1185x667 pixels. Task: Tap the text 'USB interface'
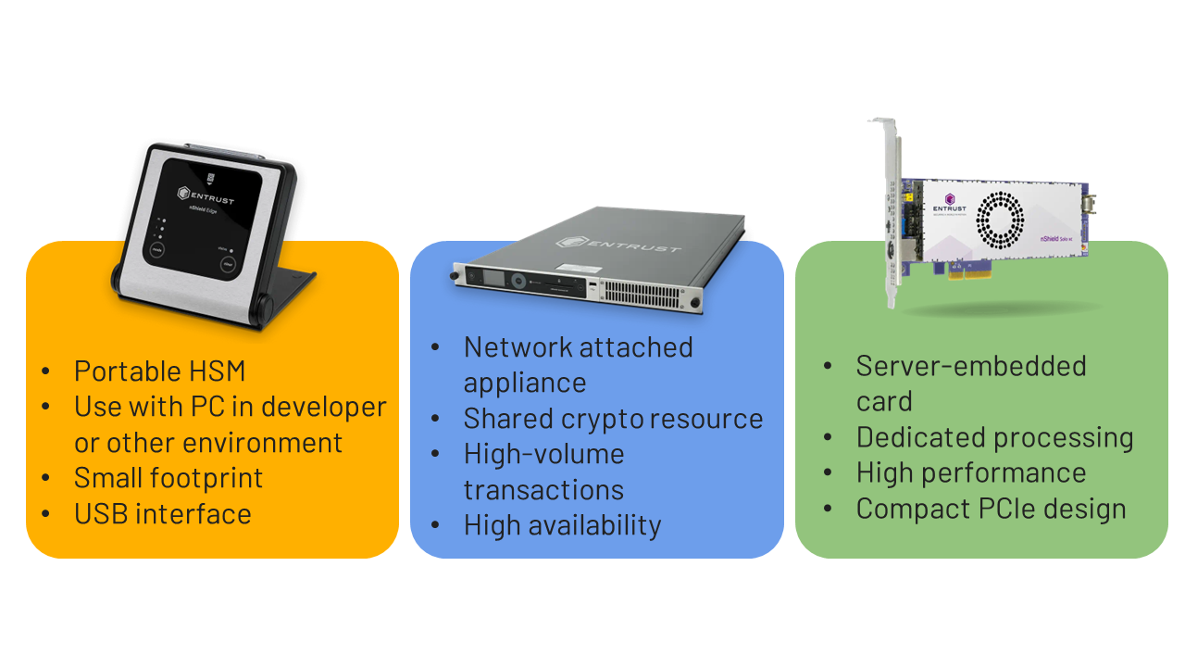(163, 514)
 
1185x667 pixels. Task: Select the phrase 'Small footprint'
(168, 478)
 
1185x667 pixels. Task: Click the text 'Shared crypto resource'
(613, 419)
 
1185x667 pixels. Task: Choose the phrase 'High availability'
(562, 525)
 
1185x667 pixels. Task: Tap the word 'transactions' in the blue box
(543, 490)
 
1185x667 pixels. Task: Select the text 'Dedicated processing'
(994, 437)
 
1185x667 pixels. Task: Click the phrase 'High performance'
(971, 472)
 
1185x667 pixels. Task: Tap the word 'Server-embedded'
(970, 366)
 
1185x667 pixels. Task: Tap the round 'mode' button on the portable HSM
(156, 249)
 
